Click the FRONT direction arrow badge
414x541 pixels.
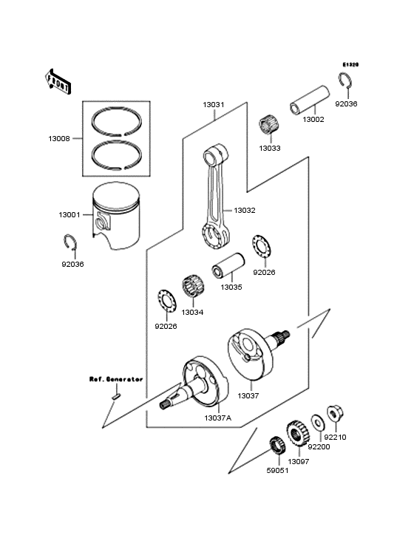[58, 81]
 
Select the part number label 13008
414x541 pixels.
[60, 138]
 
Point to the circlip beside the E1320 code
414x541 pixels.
[345, 82]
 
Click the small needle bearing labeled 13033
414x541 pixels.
[269, 126]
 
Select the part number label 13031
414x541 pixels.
[214, 104]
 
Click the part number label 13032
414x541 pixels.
[245, 211]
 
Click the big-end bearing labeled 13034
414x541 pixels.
[192, 289]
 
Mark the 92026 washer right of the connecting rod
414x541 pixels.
[260, 246]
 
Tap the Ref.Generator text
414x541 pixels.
[116, 378]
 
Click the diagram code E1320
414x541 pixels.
[350, 64]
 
